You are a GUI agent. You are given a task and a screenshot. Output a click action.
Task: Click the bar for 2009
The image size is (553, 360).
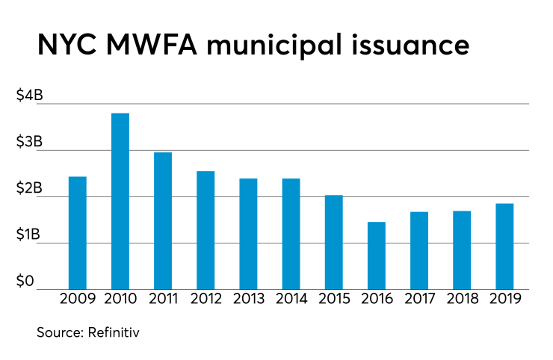click(x=78, y=233)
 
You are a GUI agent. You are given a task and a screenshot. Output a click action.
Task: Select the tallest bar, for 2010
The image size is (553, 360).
click(x=120, y=201)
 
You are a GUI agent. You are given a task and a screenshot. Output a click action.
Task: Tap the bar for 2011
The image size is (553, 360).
click(x=163, y=221)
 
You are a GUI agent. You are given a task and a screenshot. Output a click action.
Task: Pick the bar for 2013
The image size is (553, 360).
click(x=248, y=234)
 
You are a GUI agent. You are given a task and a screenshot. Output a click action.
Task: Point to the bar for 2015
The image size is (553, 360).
click(x=333, y=242)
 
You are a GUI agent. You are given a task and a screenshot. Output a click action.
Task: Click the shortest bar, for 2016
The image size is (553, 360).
click(x=377, y=255)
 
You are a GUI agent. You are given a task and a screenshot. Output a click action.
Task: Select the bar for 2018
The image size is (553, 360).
click(x=462, y=250)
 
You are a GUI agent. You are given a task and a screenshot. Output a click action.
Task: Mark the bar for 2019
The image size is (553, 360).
click(x=504, y=246)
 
